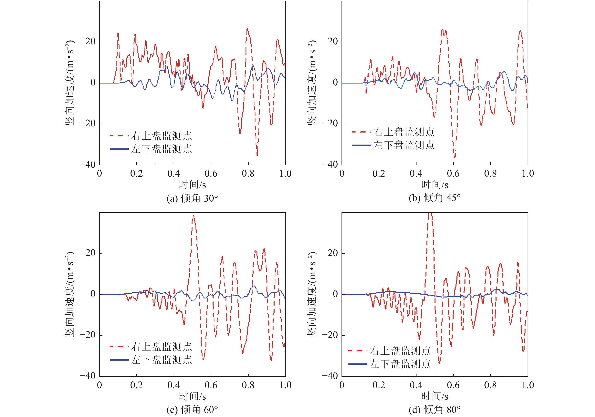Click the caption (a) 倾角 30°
point(192,199)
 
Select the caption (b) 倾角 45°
point(435,198)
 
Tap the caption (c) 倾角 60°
point(192,410)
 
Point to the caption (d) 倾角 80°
point(435,410)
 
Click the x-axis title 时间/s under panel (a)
point(192,185)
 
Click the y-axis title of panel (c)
point(70,294)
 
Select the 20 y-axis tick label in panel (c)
point(90,253)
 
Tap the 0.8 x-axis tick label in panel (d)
point(490,385)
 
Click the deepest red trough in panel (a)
point(257,155)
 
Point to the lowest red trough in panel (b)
point(454,157)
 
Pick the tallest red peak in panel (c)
point(193,216)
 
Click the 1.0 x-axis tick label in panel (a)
point(285,174)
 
